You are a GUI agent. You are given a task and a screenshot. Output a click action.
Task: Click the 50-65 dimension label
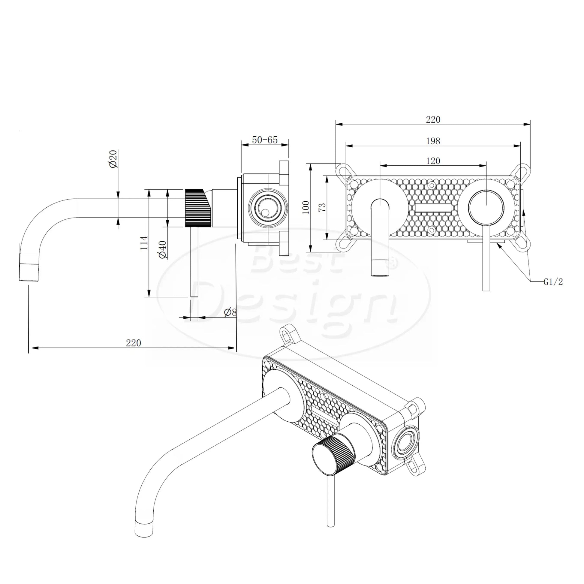tap(265, 140)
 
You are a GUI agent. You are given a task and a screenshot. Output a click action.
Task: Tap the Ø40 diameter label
tap(163, 249)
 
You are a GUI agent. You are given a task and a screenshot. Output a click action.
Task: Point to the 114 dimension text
tap(144, 243)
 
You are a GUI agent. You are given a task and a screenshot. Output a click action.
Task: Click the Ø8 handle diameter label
tap(230, 312)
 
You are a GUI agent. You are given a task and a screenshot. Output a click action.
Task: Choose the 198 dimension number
tap(433, 141)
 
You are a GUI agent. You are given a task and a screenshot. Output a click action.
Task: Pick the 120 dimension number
tap(433, 161)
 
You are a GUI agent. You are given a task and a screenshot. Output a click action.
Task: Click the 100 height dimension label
tap(306, 207)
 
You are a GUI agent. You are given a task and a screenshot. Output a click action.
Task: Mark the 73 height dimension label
tap(322, 207)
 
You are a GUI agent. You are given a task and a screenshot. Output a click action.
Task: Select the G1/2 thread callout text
tap(553, 282)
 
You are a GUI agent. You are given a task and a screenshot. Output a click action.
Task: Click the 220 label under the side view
tap(133, 343)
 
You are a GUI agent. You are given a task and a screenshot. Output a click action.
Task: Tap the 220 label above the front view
tap(433, 120)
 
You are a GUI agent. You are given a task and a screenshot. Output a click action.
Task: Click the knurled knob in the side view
tap(198, 208)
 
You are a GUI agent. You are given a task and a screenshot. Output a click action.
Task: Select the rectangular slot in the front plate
tap(433, 208)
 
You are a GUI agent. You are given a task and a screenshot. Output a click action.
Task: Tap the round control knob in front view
tap(486, 208)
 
